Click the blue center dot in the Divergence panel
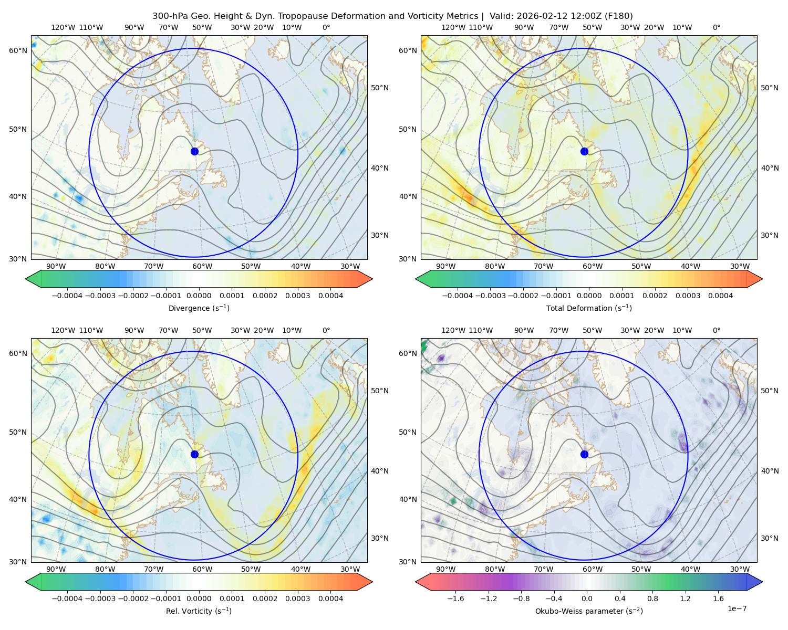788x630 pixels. click(194, 151)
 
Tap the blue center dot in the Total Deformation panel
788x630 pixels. click(584, 151)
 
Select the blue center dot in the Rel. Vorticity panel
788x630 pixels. click(194, 454)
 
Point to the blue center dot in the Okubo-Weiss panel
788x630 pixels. click(584, 454)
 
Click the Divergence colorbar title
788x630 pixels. click(199, 308)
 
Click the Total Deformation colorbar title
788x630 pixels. click(589, 308)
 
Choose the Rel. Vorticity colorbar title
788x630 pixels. click(199, 611)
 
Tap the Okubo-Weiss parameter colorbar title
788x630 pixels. click(589, 611)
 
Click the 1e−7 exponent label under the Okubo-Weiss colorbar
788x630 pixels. click(737, 608)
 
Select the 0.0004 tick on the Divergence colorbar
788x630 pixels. click(330, 296)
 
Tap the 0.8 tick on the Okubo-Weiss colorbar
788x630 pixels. click(652, 598)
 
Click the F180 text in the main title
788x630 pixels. click(620, 16)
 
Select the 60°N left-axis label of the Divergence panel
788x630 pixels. click(18, 50)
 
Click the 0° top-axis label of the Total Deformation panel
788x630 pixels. click(716, 27)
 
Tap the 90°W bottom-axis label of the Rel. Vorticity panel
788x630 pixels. click(56, 569)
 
